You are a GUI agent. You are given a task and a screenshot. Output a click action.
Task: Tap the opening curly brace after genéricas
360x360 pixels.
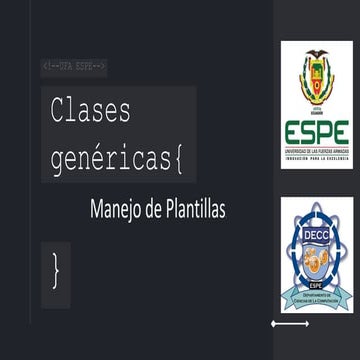tap(177, 157)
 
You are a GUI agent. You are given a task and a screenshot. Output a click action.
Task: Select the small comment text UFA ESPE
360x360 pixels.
tap(75, 66)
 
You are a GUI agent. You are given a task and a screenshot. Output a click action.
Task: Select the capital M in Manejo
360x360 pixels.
tap(97, 211)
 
